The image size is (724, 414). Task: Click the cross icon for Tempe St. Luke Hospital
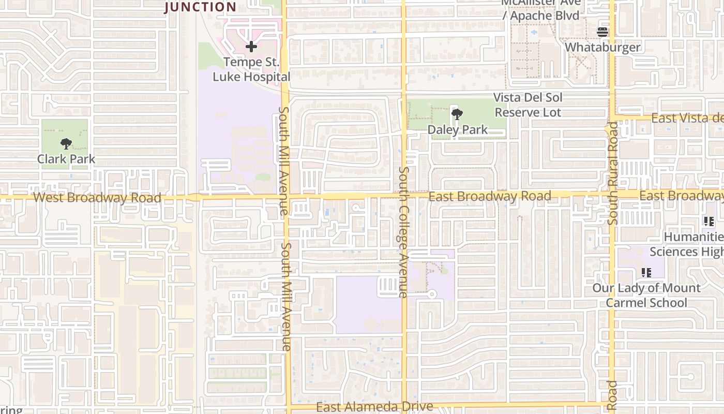click(251, 47)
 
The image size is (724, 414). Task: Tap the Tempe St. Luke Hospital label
click(251, 70)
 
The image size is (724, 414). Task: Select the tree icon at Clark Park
click(66, 144)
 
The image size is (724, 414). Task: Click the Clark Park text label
click(66, 159)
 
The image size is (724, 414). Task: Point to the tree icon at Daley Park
click(457, 114)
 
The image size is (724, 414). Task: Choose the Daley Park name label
click(457, 129)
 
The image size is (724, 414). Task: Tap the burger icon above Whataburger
click(602, 32)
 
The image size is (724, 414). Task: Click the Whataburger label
click(602, 48)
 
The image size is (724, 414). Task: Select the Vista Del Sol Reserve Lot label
click(527, 105)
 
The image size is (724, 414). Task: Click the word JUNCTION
click(201, 7)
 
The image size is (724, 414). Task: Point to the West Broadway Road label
click(97, 198)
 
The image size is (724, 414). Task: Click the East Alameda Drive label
click(374, 407)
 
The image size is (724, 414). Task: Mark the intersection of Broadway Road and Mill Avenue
click(285, 197)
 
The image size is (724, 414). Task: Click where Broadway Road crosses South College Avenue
click(404, 196)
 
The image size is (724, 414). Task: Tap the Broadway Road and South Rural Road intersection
click(612, 195)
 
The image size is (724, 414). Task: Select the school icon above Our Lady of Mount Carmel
click(646, 272)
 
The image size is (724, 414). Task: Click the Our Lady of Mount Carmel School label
click(646, 295)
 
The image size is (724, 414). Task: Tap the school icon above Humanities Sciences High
click(708, 221)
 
